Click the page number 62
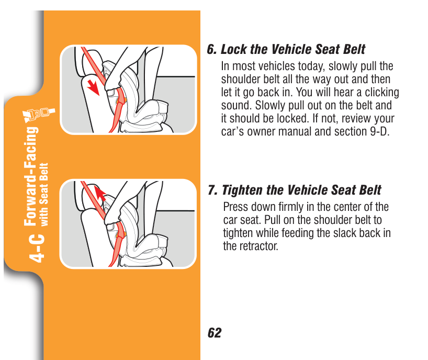(x=215, y=333)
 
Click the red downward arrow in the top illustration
(x=94, y=87)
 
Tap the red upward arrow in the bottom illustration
(x=100, y=193)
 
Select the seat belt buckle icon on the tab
(x=40, y=115)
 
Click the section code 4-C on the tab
(x=36, y=249)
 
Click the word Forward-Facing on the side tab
(x=31, y=176)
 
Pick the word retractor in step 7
(x=259, y=246)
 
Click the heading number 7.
(x=212, y=190)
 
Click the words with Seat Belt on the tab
(x=44, y=195)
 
